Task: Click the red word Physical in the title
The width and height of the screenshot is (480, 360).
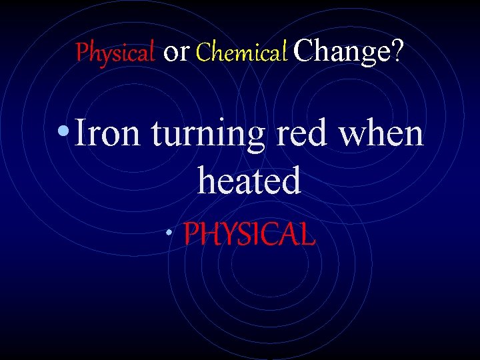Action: click(x=115, y=51)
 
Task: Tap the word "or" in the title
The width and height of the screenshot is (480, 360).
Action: click(x=176, y=51)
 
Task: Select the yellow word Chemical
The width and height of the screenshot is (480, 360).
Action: click(x=241, y=51)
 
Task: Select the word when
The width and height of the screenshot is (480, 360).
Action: click(x=381, y=133)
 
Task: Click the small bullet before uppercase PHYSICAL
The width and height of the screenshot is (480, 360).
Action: click(x=171, y=234)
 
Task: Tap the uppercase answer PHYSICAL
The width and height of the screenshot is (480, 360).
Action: click(x=249, y=234)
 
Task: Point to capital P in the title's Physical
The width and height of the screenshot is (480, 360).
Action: click(x=81, y=51)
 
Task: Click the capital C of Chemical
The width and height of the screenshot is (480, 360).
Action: click(x=203, y=51)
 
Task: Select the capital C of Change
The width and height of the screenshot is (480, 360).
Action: click(x=303, y=51)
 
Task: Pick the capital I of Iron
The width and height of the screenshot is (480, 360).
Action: click(x=81, y=133)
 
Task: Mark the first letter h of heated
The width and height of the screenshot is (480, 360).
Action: click(x=207, y=180)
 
